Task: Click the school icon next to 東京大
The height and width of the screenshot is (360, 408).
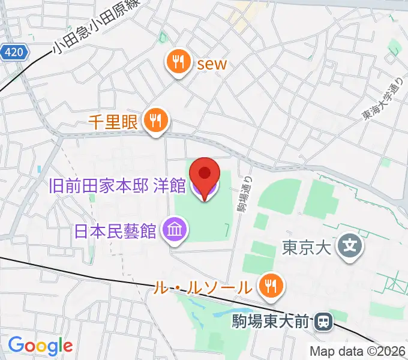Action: click(x=347, y=246)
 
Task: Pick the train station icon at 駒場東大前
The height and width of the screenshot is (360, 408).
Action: click(x=323, y=322)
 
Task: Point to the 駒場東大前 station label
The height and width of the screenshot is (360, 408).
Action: click(x=271, y=323)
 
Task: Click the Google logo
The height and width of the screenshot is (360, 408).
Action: click(x=40, y=346)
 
